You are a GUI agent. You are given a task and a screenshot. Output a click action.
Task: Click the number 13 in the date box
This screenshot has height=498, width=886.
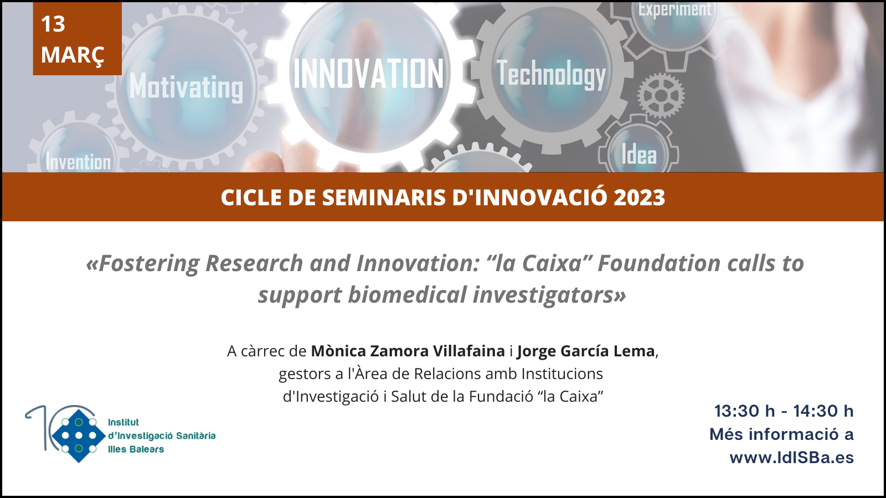coord(53,24)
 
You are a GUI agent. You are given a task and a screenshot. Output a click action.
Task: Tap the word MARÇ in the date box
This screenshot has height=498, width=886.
coord(73,55)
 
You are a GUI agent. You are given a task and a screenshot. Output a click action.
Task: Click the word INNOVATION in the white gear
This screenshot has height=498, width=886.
coord(368,74)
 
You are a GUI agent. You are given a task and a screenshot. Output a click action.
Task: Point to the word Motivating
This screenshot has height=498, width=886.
coord(186,87)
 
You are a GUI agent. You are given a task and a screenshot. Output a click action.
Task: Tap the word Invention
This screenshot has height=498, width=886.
coord(78,162)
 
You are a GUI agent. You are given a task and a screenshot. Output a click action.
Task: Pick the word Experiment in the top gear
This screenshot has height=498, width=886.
coord(675,9)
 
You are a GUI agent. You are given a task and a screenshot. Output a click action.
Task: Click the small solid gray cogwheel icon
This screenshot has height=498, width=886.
coord(661,96)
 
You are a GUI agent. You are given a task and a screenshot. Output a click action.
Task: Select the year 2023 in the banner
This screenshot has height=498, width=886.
coord(639,197)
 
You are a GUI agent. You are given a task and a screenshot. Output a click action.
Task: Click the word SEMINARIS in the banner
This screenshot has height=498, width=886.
coord(384,197)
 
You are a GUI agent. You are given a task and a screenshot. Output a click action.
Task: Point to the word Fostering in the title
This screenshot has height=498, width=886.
coord(148,264)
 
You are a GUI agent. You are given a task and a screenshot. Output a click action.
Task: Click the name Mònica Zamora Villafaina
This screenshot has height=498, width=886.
coord(408,351)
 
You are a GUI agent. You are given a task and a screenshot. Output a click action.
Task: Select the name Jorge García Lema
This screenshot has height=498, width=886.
coord(586,351)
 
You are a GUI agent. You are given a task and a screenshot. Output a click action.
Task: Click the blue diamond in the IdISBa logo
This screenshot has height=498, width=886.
coord(79,435)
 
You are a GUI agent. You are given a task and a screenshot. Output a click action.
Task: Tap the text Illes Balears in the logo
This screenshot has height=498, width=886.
coord(136,449)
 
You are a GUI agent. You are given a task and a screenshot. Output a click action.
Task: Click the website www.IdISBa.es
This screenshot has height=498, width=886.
coord(791,458)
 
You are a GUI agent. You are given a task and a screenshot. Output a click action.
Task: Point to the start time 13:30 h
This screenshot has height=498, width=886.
coord(744,411)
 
